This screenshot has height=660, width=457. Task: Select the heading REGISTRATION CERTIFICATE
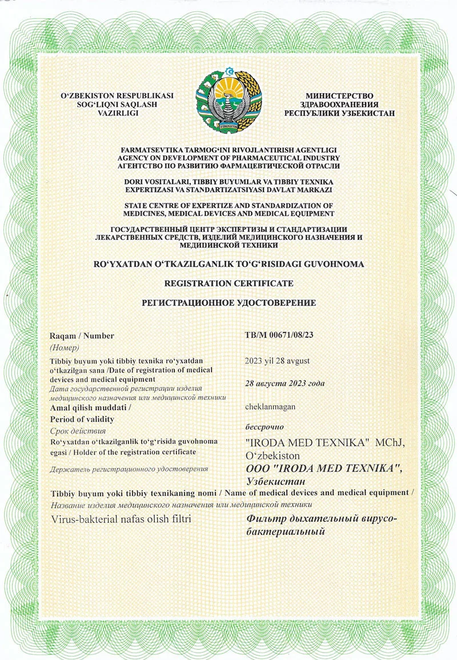(x=228, y=283)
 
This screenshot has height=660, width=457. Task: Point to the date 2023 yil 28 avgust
(x=278, y=361)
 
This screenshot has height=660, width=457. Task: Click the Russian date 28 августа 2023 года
(x=284, y=383)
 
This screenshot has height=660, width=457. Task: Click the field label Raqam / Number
(x=82, y=336)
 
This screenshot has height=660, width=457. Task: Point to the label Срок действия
(x=78, y=430)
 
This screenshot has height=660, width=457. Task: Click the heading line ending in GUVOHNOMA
(x=228, y=263)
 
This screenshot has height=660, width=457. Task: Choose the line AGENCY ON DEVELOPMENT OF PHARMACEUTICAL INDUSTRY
(x=228, y=158)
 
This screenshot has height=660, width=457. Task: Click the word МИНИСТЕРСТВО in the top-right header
(x=339, y=95)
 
